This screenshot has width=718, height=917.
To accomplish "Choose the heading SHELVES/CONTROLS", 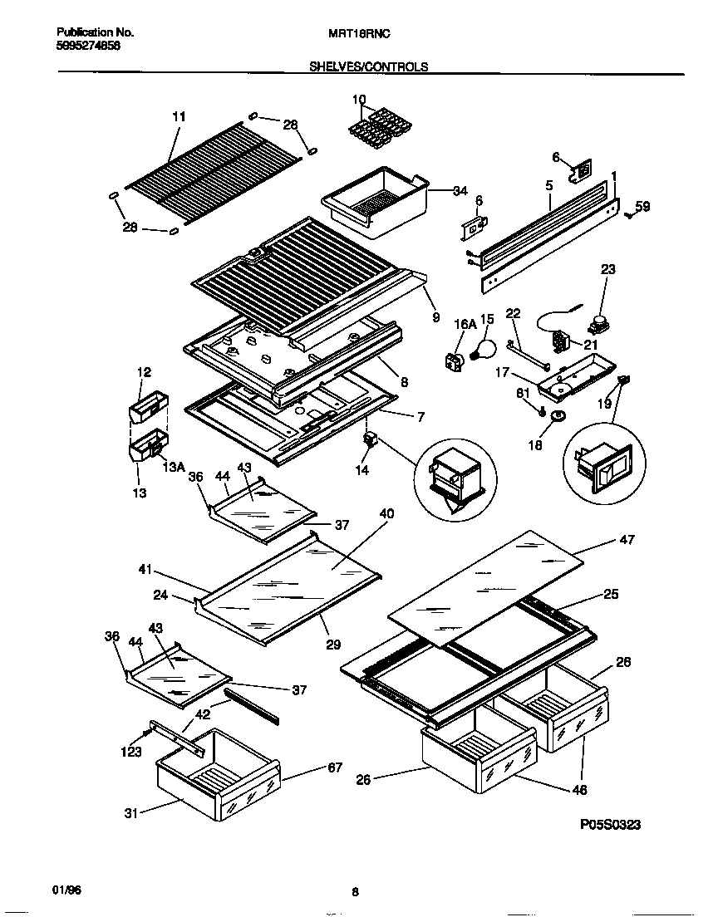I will (x=369, y=66).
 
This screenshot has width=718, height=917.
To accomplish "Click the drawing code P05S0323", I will (x=610, y=825).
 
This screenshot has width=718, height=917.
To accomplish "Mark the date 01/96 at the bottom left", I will (x=67, y=890).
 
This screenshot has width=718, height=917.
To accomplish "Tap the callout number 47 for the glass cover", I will (x=627, y=540).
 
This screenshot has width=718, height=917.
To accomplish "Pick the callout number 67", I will (x=335, y=767).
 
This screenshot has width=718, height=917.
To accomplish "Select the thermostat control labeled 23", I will (x=596, y=323).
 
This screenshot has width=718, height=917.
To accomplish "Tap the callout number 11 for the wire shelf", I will (x=179, y=117).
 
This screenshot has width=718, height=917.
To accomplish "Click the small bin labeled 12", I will (x=148, y=409).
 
